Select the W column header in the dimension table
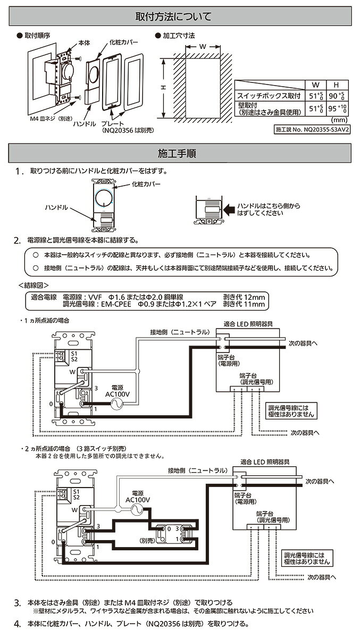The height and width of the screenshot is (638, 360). tap(315, 85)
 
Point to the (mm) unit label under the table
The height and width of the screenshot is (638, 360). tap(340, 121)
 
